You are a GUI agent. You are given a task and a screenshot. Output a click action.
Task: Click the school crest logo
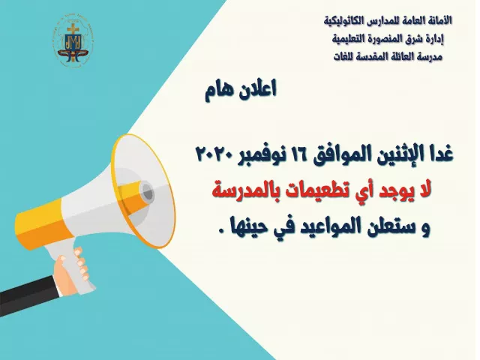(73, 42)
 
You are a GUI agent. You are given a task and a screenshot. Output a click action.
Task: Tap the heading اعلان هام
(241, 89)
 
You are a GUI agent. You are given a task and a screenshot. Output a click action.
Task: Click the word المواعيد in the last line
(320, 227)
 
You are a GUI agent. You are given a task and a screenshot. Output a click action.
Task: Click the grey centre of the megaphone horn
(147, 192)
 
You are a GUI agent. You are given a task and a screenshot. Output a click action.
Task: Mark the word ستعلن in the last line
(382, 228)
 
